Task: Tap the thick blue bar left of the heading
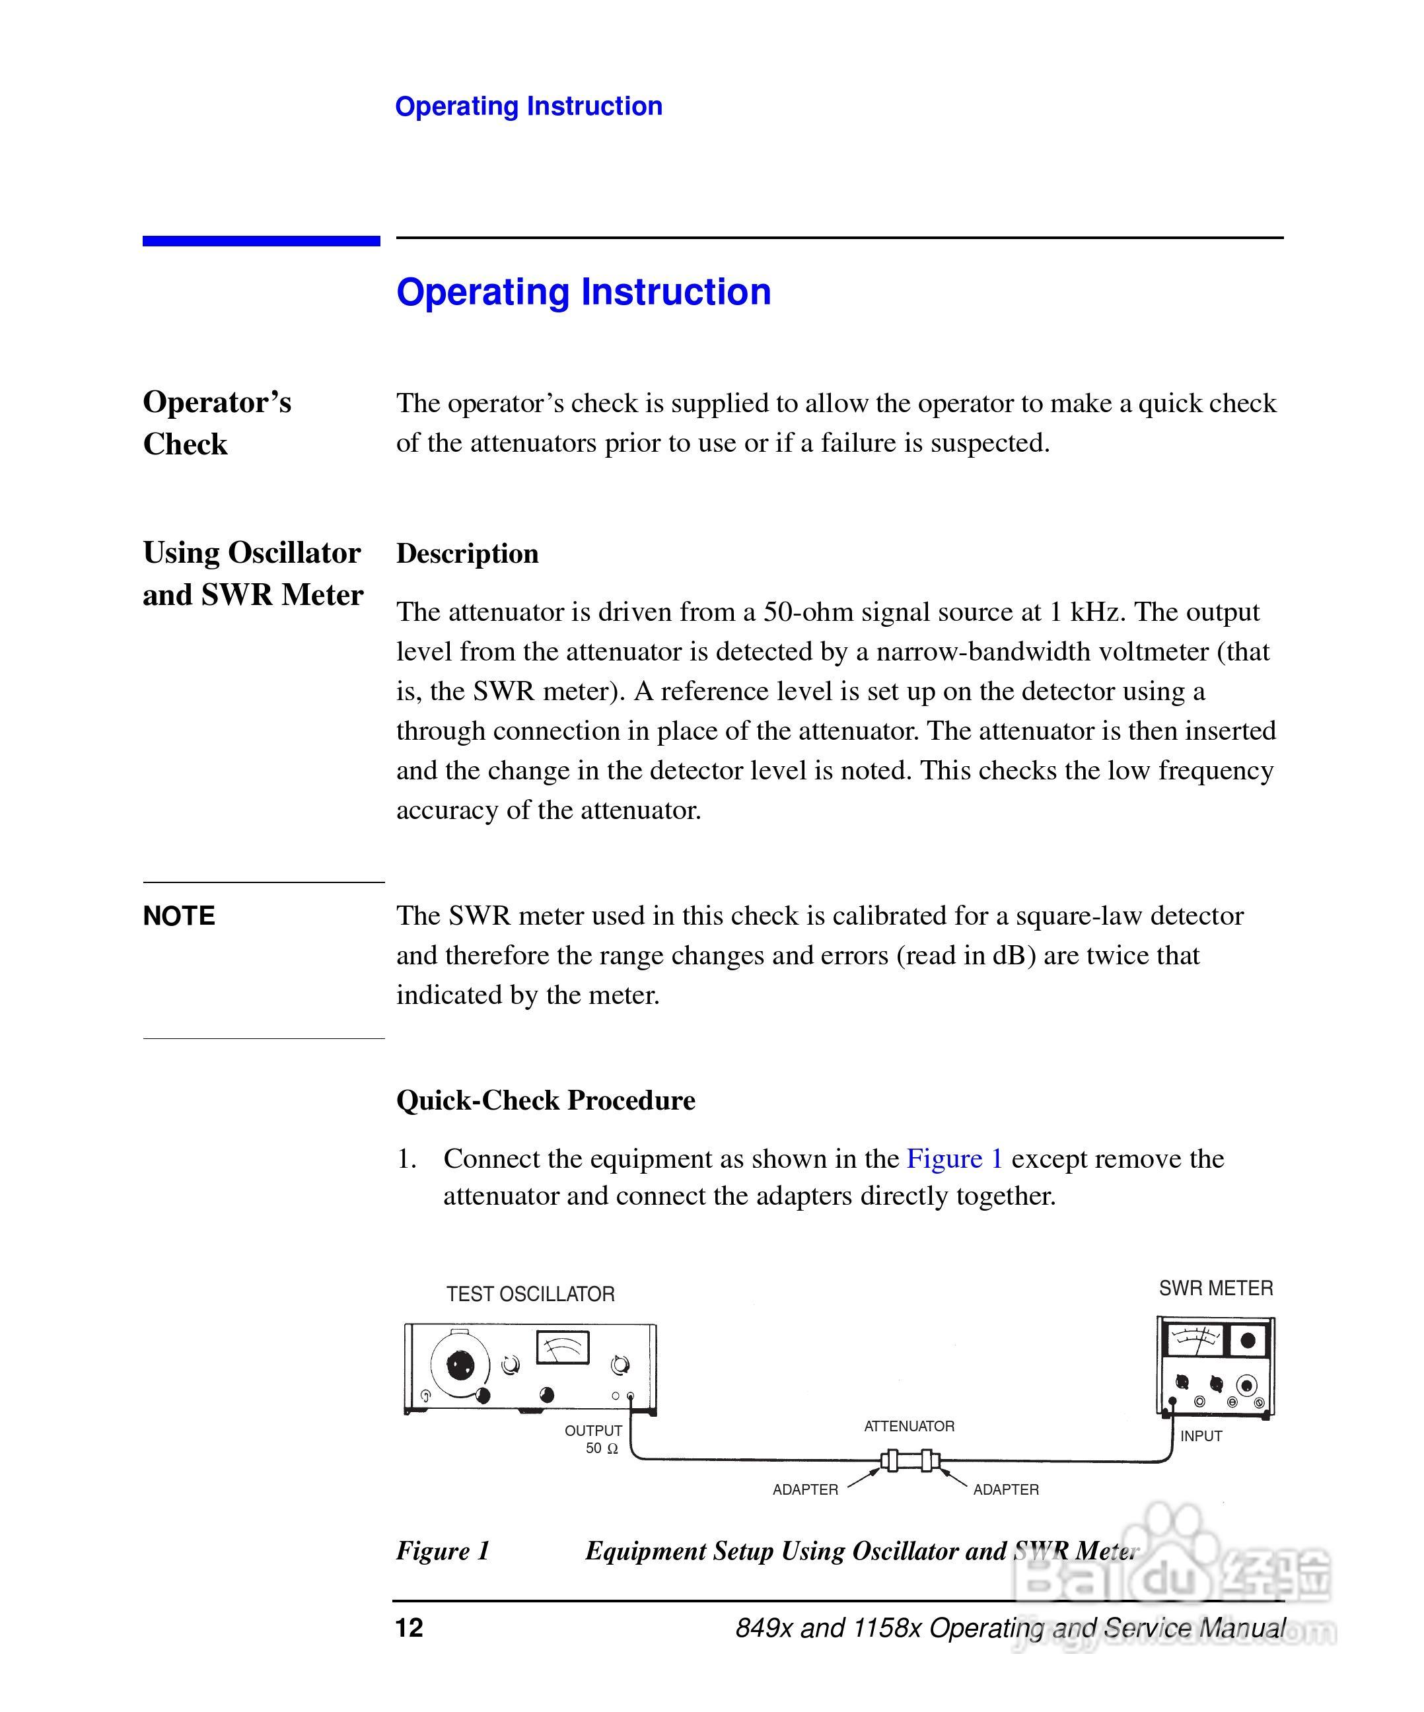261,240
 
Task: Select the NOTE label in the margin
178,915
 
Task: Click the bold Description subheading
467,553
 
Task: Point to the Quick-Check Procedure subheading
546,1100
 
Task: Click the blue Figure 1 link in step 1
954,1159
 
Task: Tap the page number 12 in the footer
409,1627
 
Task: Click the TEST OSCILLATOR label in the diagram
530,1294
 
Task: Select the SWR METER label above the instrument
1215,1288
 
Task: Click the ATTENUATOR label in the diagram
909,1426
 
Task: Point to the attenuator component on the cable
909,1460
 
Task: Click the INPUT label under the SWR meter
1201,1436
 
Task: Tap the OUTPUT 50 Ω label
594,1439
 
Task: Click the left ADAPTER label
805,1489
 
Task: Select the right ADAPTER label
1006,1489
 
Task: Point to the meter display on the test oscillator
563,1347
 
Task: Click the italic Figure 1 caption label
443,1551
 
